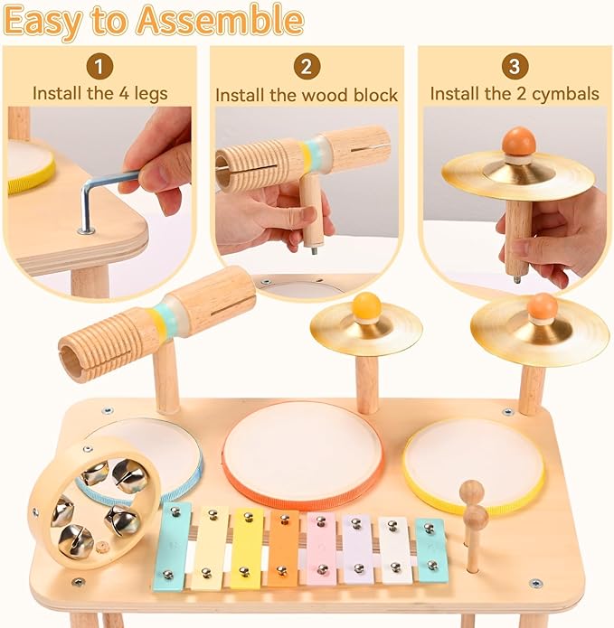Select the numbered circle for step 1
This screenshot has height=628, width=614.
coord(99,66)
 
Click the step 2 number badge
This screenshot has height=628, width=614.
coord(307,66)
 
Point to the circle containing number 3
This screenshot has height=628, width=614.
coord(514,66)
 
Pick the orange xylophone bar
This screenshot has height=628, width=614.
coord(283,548)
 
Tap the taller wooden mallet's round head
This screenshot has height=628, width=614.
coord(471,492)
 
